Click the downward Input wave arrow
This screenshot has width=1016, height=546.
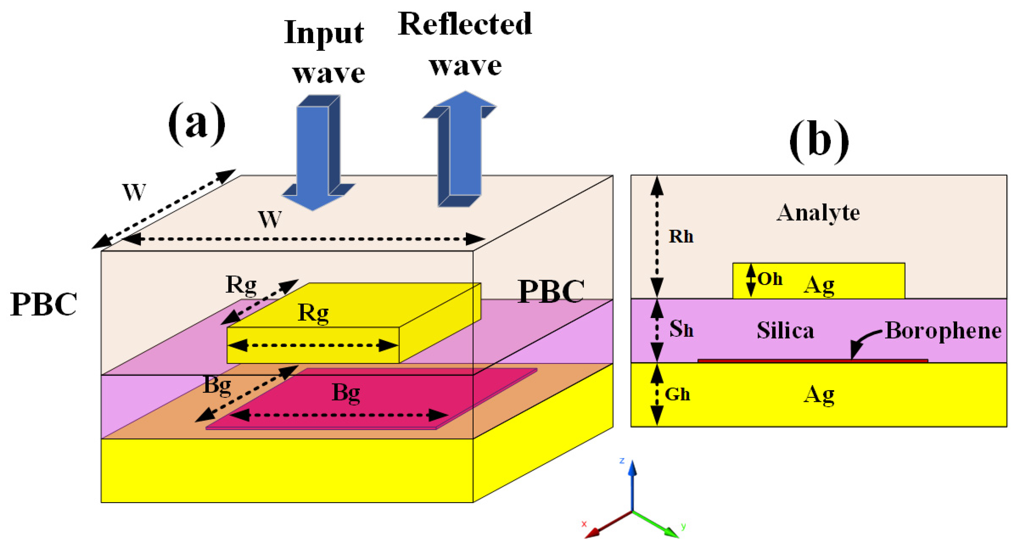[316, 157]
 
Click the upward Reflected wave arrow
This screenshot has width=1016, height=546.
[461, 150]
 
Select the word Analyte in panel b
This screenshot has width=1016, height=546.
[818, 213]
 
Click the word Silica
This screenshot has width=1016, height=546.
[785, 330]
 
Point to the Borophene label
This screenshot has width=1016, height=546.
[943, 330]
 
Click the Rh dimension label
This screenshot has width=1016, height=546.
[681, 236]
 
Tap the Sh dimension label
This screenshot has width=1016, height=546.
[681, 329]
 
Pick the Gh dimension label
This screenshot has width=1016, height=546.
[677, 394]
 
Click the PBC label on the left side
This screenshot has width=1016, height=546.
[44, 304]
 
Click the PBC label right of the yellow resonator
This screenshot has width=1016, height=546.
[551, 291]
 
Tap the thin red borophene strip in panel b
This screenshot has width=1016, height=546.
[813, 360]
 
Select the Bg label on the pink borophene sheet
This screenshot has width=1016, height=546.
[345, 392]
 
